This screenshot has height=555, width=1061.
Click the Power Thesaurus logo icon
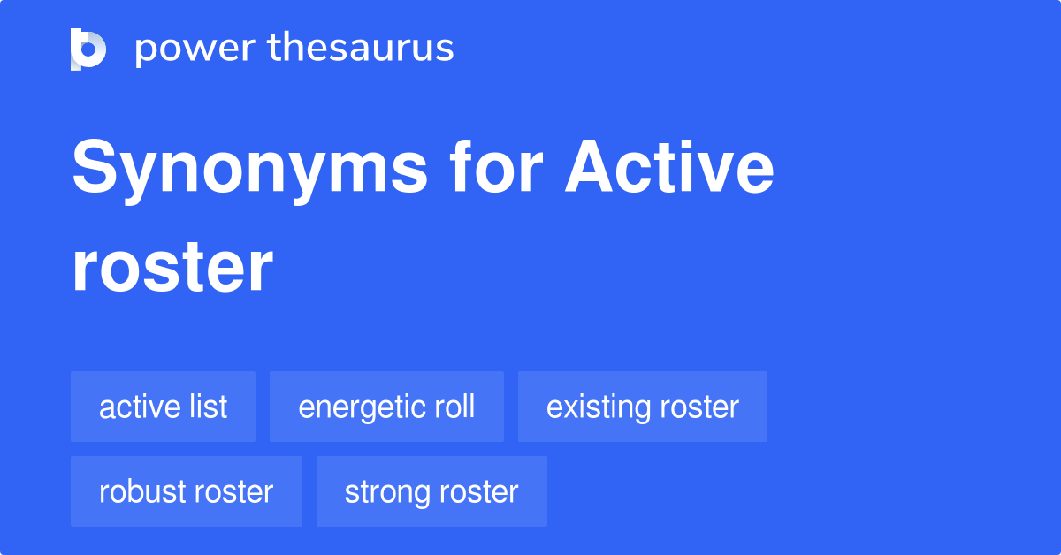click(x=88, y=49)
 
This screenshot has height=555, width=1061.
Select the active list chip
click(x=163, y=407)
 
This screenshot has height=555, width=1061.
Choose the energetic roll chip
click(x=386, y=407)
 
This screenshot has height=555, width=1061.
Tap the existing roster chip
click(x=642, y=407)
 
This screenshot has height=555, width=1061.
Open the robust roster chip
click(x=186, y=491)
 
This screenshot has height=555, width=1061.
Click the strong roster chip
click(x=431, y=491)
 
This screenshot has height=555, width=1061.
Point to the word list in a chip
click(x=209, y=407)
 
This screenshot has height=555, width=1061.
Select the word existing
click(x=587, y=407)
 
